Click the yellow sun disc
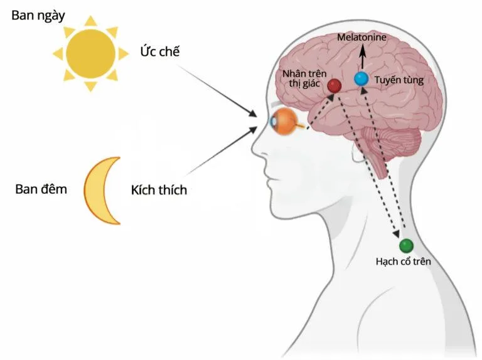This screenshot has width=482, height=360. point(92,53)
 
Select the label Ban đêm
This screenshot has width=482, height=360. point(41,188)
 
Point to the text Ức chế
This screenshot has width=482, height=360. point(160,51)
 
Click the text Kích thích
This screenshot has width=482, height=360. point(159,189)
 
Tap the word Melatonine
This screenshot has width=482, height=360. point(361,38)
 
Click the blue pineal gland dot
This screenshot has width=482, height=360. point(361,79)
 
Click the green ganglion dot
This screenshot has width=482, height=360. point(406,245)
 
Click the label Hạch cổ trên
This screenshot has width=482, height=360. point(403,261)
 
